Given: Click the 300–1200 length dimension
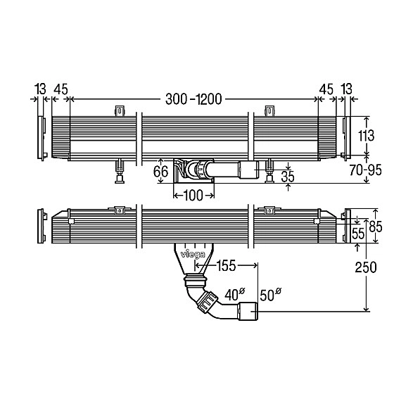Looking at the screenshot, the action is point(193,99).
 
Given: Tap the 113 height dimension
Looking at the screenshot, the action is point(366,136).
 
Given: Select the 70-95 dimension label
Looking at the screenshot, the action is point(366,170).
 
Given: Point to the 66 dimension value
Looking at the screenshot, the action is point(160,172).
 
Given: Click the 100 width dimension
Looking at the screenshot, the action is point(193,196).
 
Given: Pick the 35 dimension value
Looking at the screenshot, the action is point(288,177).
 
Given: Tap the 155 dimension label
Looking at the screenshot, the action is point(227,266).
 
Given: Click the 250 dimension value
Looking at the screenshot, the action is point(366,267).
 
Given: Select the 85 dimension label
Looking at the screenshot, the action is point(375,227).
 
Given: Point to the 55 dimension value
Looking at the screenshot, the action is point(358,234).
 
